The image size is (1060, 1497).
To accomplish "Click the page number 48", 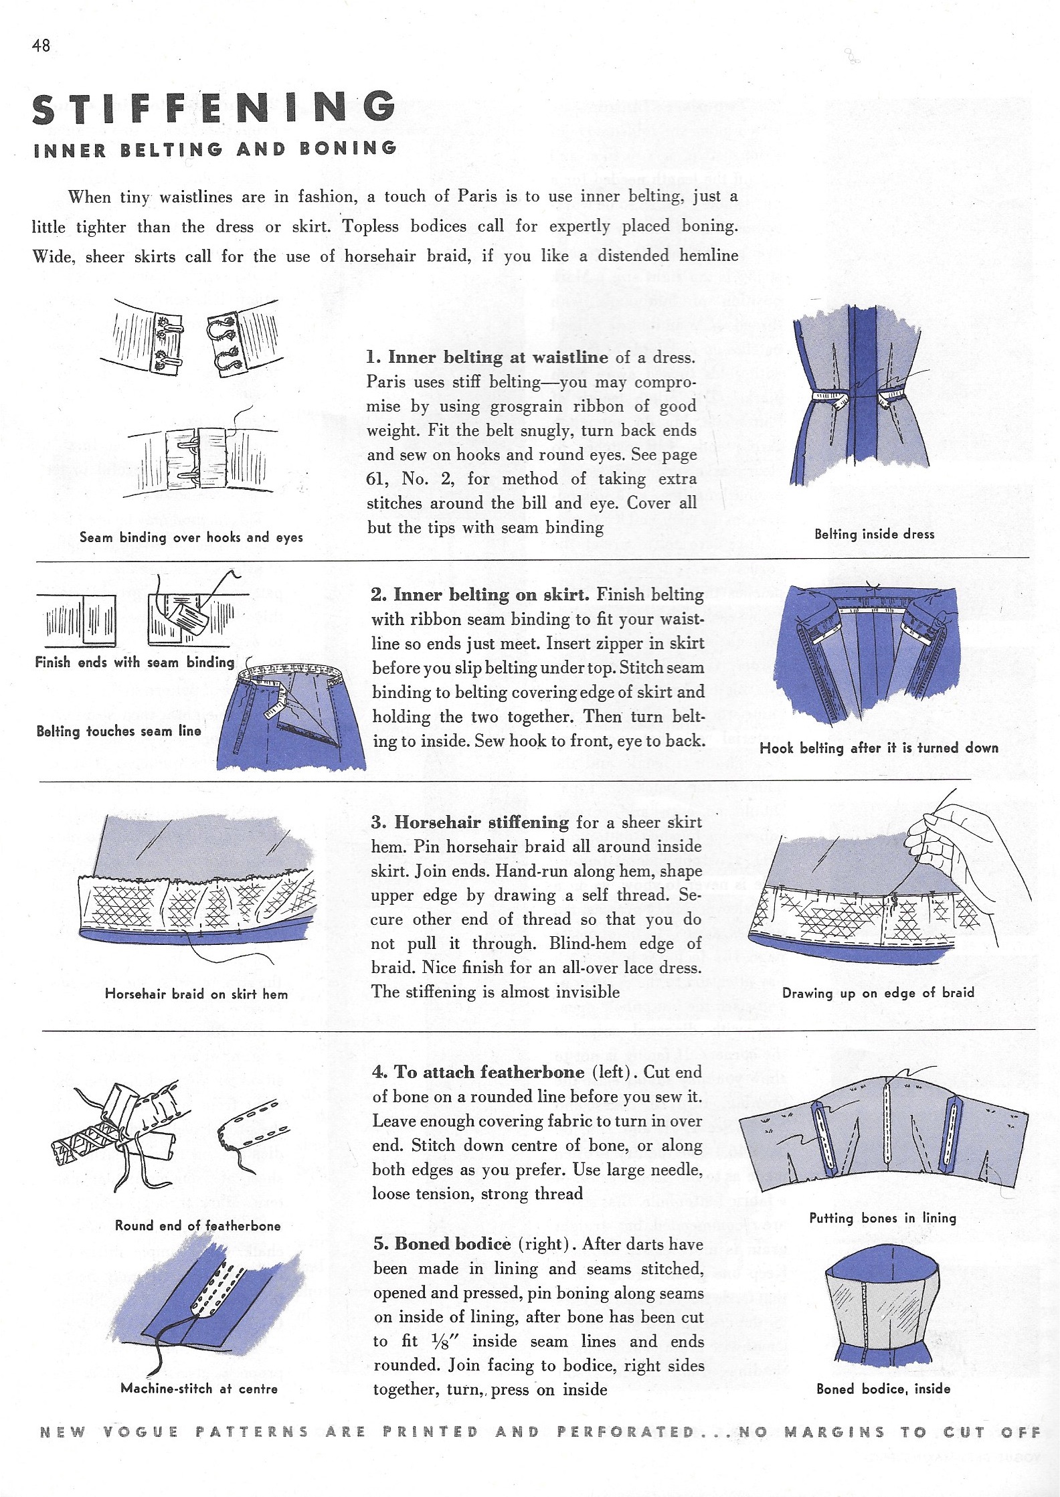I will [x=41, y=46].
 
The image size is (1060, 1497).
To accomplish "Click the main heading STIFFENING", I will [x=213, y=108].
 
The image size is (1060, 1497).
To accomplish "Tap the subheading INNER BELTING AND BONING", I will [x=215, y=149].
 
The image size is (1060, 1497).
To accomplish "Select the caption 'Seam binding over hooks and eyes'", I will [x=191, y=537].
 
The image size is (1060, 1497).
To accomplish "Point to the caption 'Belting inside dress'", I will [x=874, y=534].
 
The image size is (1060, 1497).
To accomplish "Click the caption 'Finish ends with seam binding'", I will [x=135, y=663].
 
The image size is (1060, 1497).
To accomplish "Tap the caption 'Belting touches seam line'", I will [x=118, y=731].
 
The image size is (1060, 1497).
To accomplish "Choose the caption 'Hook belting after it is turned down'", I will [x=879, y=748].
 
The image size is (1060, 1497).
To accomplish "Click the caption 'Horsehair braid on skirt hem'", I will [x=196, y=994].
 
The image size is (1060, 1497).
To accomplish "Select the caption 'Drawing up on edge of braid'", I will [x=878, y=993].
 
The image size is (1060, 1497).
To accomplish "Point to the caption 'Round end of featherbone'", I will [x=197, y=1225].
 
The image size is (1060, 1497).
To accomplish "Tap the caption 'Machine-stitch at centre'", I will [x=199, y=1388].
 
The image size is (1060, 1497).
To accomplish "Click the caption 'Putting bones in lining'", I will [x=882, y=1218].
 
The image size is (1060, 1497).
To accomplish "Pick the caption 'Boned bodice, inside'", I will [x=883, y=1389].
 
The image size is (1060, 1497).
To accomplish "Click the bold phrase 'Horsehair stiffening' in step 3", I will [x=481, y=822].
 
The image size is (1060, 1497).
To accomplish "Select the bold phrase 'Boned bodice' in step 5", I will [x=453, y=1244].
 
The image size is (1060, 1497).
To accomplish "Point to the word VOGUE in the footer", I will [x=141, y=1432].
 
